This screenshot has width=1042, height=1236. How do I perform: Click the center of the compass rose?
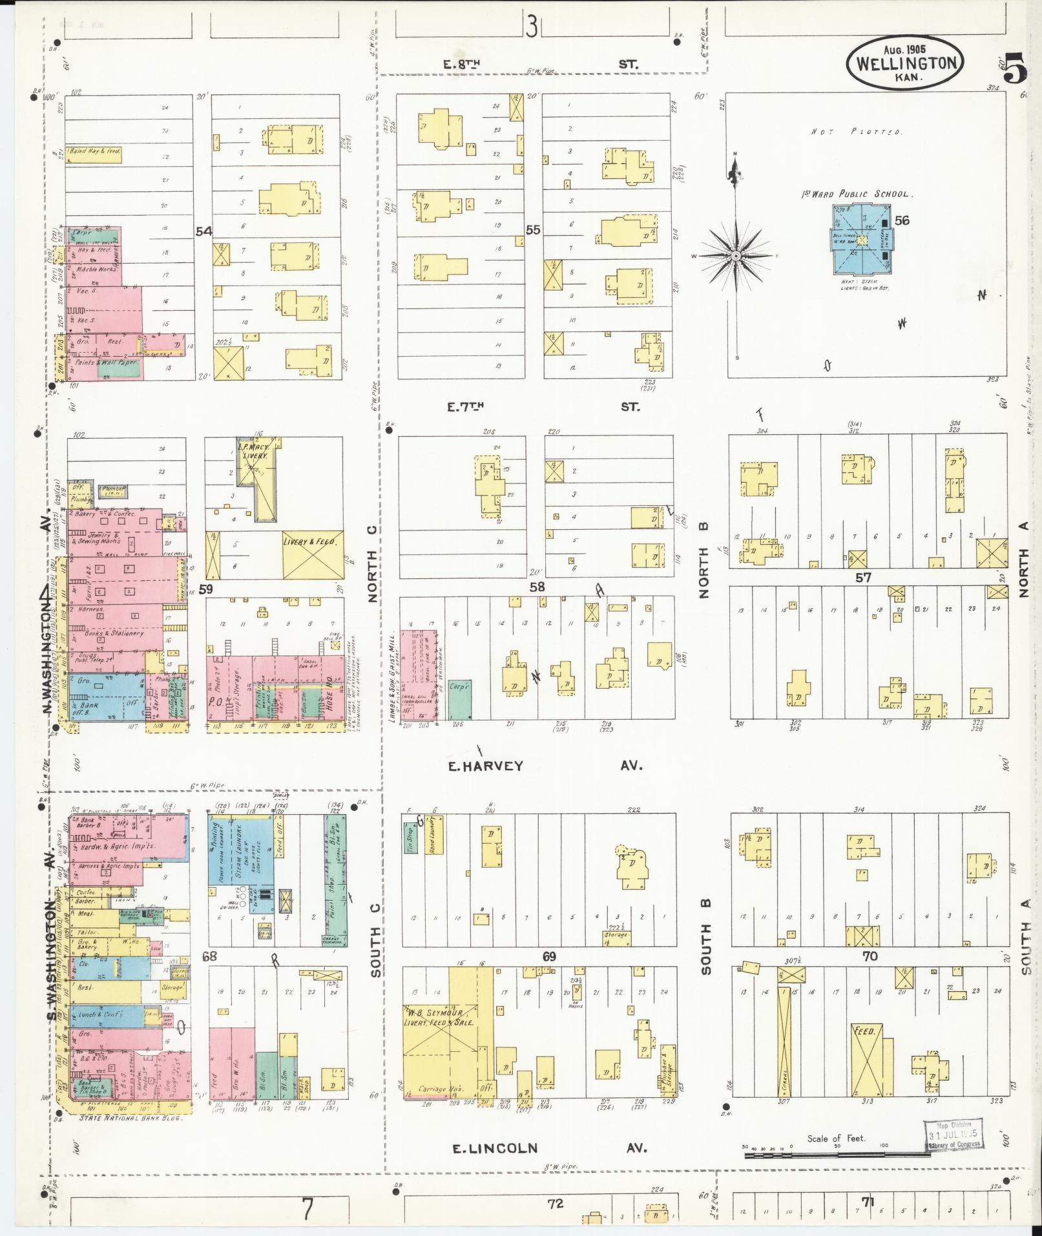(x=736, y=257)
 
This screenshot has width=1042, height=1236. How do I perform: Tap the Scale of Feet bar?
(x=837, y=1153)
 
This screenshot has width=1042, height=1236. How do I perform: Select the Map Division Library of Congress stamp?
(x=952, y=1135)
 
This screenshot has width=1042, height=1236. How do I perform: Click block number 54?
(x=204, y=231)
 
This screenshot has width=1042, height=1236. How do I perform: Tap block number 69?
(x=548, y=956)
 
